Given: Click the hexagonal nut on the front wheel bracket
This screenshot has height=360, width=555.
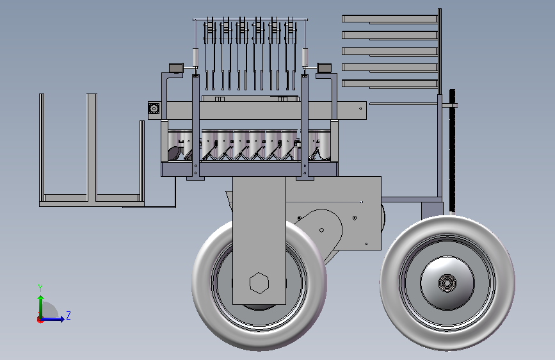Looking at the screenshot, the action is [x=259, y=282].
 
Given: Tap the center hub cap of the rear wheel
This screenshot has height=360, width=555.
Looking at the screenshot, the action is [x=447, y=282].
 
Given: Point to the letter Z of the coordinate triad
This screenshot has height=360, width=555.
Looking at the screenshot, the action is [x=68, y=315].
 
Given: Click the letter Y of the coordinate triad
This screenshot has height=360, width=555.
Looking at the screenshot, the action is [x=40, y=288].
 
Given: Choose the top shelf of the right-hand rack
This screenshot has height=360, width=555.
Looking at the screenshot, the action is [x=390, y=19].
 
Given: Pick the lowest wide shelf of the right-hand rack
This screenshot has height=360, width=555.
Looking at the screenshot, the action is [x=390, y=84].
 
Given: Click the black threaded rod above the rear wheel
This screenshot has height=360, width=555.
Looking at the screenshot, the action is [x=452, y=151].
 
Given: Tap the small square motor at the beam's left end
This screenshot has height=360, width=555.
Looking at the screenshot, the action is [x=154, y=108].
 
